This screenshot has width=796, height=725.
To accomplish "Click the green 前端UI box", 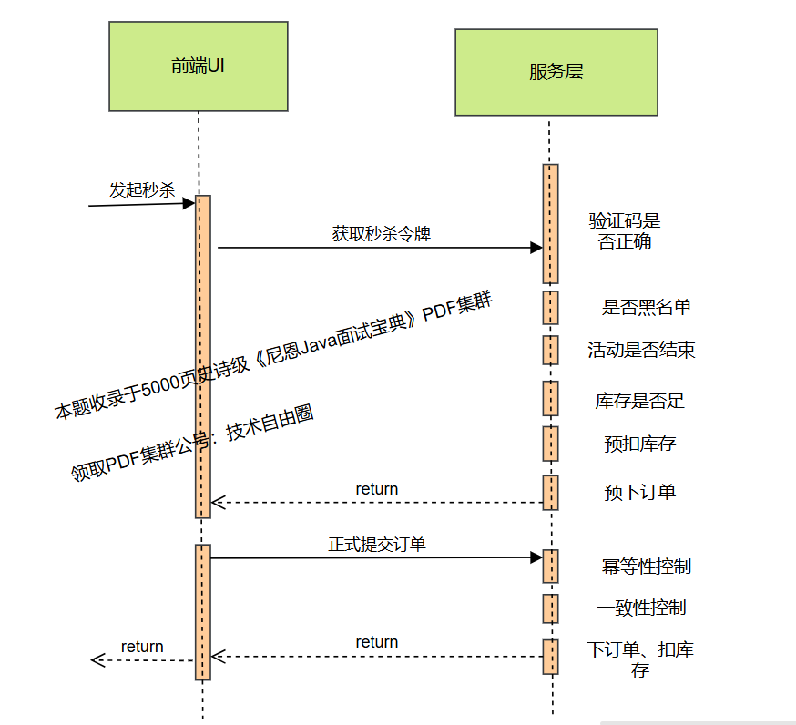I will tap(198, 66).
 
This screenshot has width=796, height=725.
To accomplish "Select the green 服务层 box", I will tap(556, 73).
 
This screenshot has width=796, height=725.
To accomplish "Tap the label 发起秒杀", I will tap(141, 189).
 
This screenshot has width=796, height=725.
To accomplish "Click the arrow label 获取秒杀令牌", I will tap(381, 233).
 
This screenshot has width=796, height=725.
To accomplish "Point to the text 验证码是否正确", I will tap(625, 231).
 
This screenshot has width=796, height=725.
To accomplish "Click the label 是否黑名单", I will tap(647, 307).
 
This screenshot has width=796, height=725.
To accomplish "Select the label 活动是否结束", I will tap(641, 351).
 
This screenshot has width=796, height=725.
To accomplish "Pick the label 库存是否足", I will tap(639, 401).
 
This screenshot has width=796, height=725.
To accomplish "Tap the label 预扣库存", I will tap(639, 444).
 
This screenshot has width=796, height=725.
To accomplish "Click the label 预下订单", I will tap(639, 492).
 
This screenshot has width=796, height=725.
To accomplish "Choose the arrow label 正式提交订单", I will tap(377, 545).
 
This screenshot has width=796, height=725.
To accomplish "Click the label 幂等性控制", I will tap(646, 567).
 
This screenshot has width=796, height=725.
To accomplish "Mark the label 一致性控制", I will tap(641, 608).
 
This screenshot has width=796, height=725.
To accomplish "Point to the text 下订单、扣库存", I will tap(639, 659).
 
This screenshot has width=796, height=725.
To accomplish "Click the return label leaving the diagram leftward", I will tap(142, 647).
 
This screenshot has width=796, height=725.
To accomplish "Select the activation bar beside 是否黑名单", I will tap(550, 308).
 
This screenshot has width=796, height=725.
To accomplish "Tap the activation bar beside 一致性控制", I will tap(550, 608).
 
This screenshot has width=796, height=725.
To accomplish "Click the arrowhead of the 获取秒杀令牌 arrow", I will tap(536, 248).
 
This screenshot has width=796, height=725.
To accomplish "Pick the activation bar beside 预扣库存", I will tap(550, 444).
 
